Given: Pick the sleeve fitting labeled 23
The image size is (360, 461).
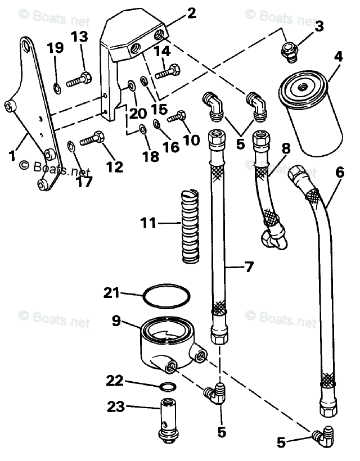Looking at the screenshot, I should [x=168, y=418].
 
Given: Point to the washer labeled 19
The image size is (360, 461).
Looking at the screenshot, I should [x=57, y=87].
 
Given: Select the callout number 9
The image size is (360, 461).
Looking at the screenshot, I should [x=116, y=321].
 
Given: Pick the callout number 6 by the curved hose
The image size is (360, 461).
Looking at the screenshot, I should [x=339, y=174].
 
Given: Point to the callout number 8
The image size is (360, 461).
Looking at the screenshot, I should [x=286, y=149].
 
